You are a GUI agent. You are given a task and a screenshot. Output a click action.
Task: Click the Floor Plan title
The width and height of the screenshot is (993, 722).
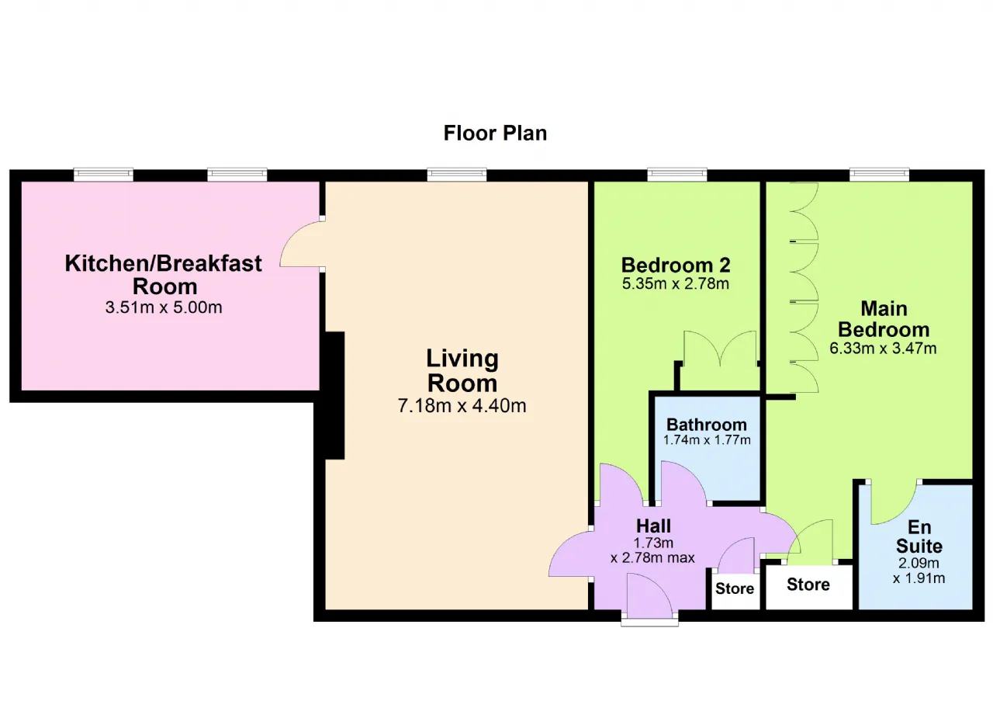pyautogui.click(x=495, y=133)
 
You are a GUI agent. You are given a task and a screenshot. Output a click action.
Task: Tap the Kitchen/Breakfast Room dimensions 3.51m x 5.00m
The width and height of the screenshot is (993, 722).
pyautogui.click(x=164, y=307)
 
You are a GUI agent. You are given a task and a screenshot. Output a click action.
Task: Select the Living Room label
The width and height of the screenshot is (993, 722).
pyautogui.click(x=462, y=371)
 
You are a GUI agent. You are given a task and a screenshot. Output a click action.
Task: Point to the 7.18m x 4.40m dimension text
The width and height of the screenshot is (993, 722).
pyautogui.click(x=462, y=405)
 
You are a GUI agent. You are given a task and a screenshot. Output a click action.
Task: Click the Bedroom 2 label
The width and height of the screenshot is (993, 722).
pyautogui.click(x=676, y=265)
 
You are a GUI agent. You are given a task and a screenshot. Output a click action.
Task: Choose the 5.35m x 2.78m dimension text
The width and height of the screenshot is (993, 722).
pyautogui.click(x=676, y=283)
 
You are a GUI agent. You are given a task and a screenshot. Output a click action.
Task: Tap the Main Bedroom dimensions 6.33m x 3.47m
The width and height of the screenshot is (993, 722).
pyautogui.click(x=883, y=348)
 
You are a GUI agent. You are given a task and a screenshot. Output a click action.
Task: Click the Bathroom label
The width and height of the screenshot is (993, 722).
pyautogui.click(x=707, y=425)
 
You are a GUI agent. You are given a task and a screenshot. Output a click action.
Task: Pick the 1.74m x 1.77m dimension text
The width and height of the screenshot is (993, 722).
pyautogui.click(x=707, y=440)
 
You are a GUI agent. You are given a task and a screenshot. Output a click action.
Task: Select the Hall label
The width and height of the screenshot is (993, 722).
pyautogui.click(x=653, y=526)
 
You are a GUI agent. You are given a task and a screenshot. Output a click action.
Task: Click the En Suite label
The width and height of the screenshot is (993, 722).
pyautogui.click(x=919, y=536)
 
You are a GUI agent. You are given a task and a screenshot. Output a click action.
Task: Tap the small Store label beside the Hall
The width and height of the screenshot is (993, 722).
pyautogui.click(x=735, y=588)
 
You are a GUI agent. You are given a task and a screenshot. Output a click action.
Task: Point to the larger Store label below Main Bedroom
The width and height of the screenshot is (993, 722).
pyautogui.click(x=808, y=585)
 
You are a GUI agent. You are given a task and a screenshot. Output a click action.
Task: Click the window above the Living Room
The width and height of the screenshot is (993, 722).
pyautogui.click(x=457, y=175)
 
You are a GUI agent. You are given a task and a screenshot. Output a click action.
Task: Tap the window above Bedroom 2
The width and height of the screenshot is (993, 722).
pyautogui.click(x=677, y=175)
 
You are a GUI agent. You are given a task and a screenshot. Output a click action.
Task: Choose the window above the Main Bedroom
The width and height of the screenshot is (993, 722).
pyautogui.click(x=880, y=175)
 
